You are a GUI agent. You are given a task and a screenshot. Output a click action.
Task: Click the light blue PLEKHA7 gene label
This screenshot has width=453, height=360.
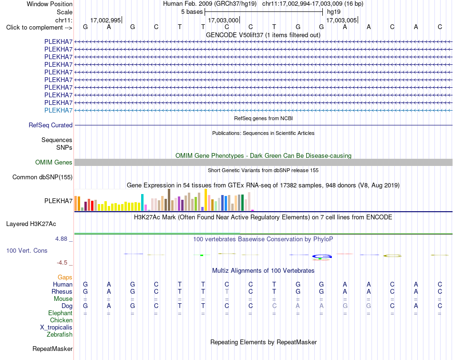pos(58,110)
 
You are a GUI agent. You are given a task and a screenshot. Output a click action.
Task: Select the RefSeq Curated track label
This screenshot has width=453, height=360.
pos(51,125)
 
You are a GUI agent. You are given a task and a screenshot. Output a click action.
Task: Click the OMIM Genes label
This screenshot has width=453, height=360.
pos(54,163)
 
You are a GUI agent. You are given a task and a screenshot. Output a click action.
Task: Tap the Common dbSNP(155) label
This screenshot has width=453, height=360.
pos(42,177)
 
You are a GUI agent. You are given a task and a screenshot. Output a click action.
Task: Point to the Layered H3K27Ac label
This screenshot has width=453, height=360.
pos(31,224)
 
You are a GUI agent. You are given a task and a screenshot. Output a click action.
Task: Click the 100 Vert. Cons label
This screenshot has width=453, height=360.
pos(27,250)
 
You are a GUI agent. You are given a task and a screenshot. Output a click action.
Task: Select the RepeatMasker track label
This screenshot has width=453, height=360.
pos(52,349)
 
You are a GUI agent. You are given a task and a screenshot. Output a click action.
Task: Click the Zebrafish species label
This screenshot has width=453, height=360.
pos(60,335)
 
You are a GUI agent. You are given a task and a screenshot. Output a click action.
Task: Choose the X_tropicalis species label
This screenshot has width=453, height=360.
pos(56,328)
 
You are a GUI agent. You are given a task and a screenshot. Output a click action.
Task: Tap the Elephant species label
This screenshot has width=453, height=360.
pos(61,313)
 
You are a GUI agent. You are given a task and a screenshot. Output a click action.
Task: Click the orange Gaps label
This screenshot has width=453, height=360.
pos(65,278)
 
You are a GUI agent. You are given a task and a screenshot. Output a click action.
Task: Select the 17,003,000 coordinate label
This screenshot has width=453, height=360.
pos(223,20)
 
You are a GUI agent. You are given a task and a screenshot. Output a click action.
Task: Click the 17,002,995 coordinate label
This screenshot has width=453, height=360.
pos(105,20)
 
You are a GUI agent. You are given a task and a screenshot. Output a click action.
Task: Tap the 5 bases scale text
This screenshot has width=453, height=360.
pos(192,12)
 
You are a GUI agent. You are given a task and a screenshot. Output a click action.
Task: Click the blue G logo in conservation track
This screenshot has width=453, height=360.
pos(322,257)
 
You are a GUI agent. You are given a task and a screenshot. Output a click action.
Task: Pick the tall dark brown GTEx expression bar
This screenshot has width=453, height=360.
pos(169,200)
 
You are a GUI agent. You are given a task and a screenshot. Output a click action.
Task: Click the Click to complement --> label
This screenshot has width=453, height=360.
pos(39,28)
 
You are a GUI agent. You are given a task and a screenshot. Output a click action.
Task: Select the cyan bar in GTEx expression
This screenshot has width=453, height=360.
pos(143,203)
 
